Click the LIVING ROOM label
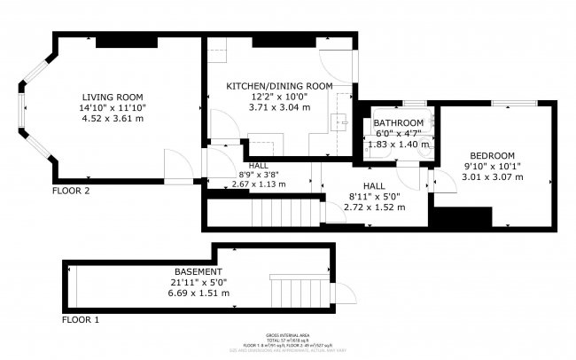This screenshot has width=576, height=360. (x=113, y=97)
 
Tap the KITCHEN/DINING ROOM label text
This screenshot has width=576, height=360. (x=279, y=86)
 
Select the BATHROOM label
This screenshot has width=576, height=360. (x=398, y=123)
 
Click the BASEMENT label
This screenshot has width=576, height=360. (x=198, y=270)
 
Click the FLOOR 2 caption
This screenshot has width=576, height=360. (x=71, y=191)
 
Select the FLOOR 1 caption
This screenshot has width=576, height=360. (x=81, y=318)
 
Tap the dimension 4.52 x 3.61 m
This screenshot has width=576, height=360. (x=113, y=118)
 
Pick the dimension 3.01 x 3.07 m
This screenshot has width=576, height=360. (x=494, y=176)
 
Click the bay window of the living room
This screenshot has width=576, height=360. (x=30, y=110)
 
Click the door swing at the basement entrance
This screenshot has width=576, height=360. (x=346, y=298)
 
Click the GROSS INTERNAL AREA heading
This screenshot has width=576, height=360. (x=289, y=335)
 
